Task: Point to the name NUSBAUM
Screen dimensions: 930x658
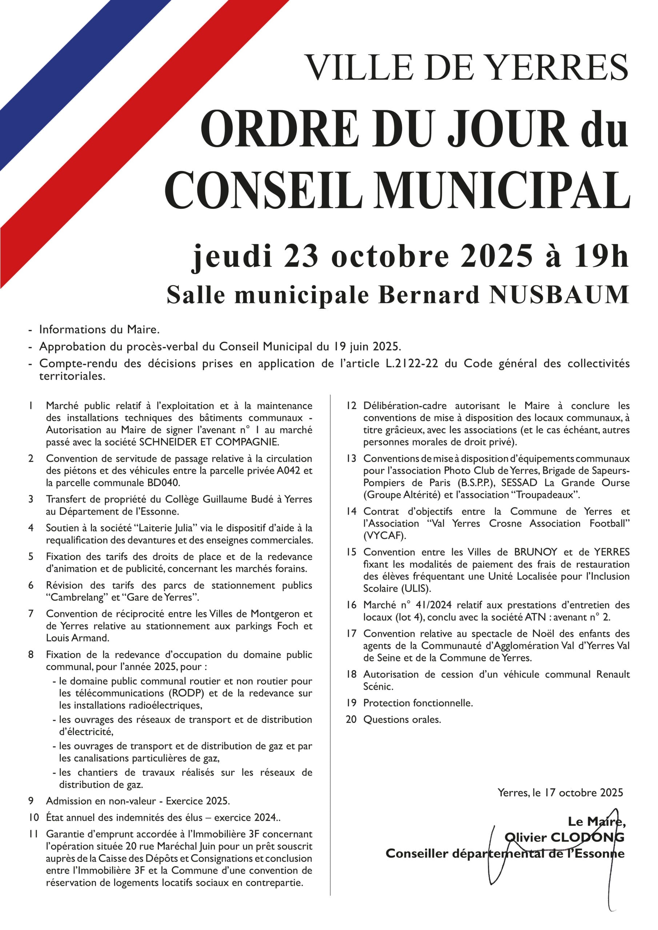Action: [559, 295]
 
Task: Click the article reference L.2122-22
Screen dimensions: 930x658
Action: [412, 363]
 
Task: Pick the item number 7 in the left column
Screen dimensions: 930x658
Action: [31, 614]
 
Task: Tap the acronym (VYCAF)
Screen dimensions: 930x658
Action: [384, 535]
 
